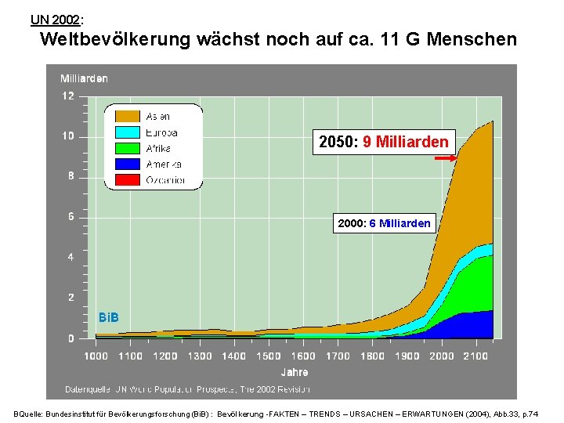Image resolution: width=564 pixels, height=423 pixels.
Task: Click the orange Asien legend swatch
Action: tap(128, 116)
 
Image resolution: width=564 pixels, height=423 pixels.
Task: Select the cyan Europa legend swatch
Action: tap(128, 132)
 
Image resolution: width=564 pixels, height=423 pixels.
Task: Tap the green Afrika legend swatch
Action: tap(128, 148)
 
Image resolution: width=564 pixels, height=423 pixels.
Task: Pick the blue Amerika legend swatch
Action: tap(128, 164)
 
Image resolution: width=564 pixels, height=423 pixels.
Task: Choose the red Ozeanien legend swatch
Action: tap(128, 180)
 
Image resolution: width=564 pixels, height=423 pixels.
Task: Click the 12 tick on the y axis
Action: tap(68, 96)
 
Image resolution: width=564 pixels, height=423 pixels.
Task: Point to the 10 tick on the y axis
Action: tap(68, 136)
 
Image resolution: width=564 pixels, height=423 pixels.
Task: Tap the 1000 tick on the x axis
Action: tap(96, 356)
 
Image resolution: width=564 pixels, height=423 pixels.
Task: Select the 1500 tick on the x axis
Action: tap(269, 356)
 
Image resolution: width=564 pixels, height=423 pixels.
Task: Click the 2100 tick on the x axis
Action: tap(475, 356)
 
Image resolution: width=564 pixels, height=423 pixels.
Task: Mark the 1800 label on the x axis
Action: tap(372, 356)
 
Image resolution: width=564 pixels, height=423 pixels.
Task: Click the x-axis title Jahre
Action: tap(294, 372)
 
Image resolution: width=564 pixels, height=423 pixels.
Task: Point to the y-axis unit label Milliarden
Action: tap(84, 78)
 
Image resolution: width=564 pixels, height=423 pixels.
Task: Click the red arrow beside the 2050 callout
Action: tap(445, 158)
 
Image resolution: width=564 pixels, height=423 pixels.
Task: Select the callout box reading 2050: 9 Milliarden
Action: tap(383, 142)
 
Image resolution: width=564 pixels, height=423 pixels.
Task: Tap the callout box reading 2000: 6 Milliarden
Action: tap(384, 223)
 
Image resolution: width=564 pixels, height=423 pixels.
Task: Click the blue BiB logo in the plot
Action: tap(108, 317)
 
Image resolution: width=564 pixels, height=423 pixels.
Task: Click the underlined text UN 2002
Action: tap(55, 18)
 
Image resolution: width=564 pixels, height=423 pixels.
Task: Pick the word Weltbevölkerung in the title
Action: tap(115, 38)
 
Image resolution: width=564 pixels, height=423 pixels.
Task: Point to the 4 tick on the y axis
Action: tap(70, 257)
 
